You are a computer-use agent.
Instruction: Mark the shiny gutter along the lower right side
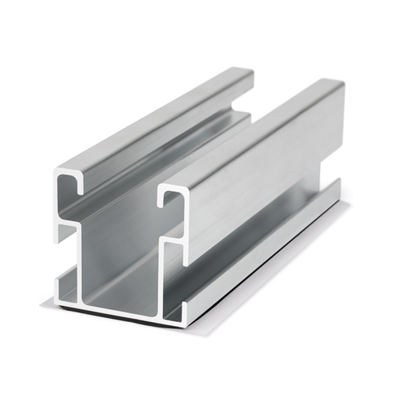[x=254, y=254]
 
